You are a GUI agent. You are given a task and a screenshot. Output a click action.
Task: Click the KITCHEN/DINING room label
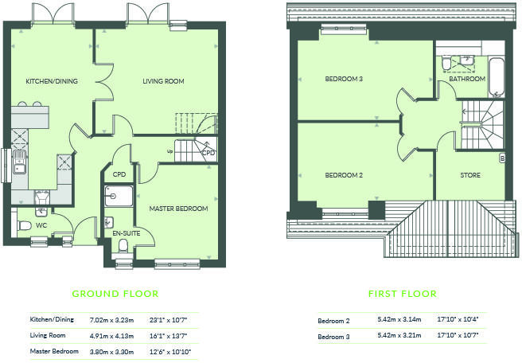point(51,81)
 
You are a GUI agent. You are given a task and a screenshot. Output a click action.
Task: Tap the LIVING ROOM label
point(163,81)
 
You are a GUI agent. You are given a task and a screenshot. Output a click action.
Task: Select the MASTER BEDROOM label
point(178,209)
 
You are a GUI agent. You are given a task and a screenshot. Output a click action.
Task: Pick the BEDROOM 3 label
point(344,79)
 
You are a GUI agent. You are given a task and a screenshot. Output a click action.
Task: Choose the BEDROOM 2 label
point(344,175)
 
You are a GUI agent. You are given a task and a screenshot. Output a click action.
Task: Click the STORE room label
point(470,175)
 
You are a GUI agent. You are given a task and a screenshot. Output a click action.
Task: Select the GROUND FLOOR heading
point(115,294)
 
